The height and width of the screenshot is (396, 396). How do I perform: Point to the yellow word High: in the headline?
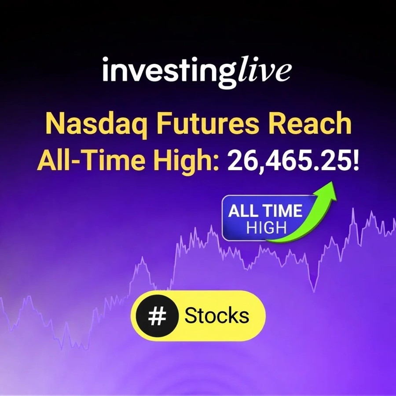coord(184,161)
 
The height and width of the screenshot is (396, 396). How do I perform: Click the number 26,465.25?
coord(289,161)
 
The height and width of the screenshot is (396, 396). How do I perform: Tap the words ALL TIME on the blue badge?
coord(265,211)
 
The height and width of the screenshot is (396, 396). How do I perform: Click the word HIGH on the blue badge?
coord(266,228)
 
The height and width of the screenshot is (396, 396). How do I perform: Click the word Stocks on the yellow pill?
coord(216,315)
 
